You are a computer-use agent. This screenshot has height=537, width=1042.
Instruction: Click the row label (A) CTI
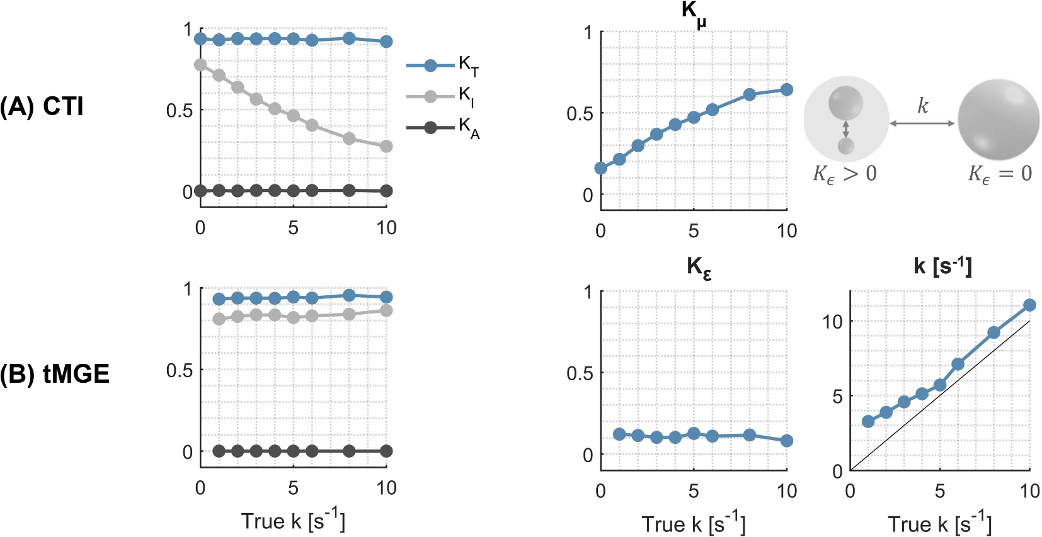click(x=42, y=106)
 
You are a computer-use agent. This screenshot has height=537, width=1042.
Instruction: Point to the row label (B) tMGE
click(x=54, y=374)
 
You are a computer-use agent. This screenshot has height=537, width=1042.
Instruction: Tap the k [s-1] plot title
click(x=942, y=266)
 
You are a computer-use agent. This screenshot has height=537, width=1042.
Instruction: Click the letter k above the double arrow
click(x=922, y=105)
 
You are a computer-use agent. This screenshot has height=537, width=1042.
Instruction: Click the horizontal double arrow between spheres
click(x=922, y=123)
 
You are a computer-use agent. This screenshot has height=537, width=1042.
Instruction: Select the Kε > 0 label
click(x=844, y=174)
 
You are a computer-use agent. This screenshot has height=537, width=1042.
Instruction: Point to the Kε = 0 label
click(x=1000, y=174)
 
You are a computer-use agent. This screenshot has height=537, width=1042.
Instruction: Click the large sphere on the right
click(x=998, y=120)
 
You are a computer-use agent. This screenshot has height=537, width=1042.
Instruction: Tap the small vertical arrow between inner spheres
click(x=845, y=129)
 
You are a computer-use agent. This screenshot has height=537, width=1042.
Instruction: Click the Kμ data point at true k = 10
click(x=786, y=89)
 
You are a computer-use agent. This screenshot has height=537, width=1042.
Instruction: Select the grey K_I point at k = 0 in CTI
click(x=200, y=65)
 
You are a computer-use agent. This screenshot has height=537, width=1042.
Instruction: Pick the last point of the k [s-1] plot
click(x=1029, y=305)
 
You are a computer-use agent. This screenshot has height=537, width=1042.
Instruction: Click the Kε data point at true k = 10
click(x=786, y=441)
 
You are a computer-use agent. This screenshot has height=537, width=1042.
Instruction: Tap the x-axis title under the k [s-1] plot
click(x=939, y=523)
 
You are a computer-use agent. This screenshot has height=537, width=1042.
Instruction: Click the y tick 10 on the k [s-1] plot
click(x=832, y=322)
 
